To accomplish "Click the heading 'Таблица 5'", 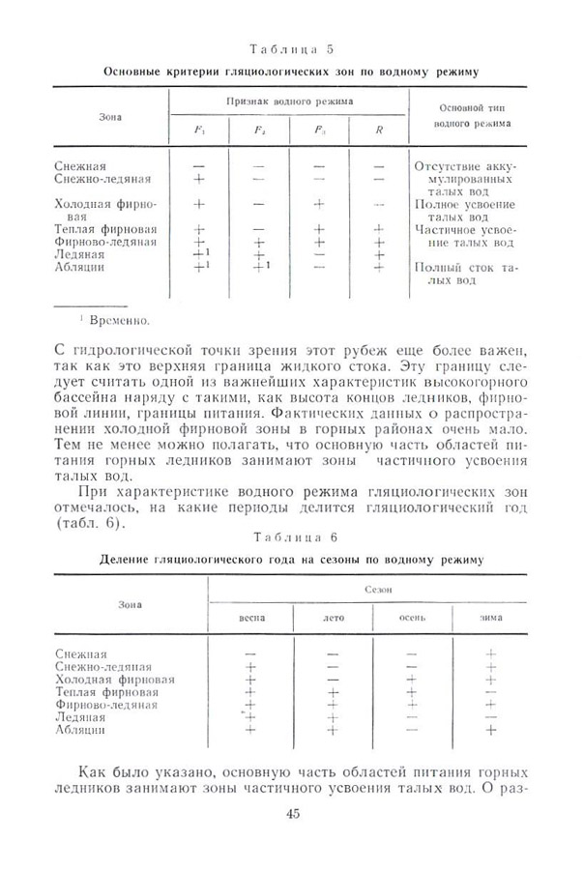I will click(x=291, y=48).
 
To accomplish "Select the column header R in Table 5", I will click(x=378, y=129).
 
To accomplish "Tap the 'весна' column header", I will click(x=251, y=616).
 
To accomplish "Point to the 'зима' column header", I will click(x=490, y=616).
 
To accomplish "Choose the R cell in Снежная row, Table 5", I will click(x=378, y=166).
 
